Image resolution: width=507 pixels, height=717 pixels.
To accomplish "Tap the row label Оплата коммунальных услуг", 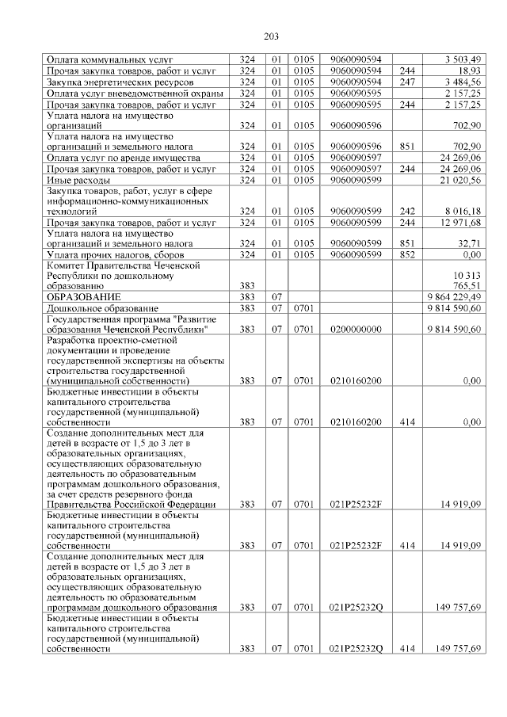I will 110,59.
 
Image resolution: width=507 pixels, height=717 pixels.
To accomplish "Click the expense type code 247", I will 407,82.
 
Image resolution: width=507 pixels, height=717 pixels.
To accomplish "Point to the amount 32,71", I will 471,245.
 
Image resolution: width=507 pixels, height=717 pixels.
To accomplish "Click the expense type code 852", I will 407,256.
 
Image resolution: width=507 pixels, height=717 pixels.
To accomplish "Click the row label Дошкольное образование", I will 103,307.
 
